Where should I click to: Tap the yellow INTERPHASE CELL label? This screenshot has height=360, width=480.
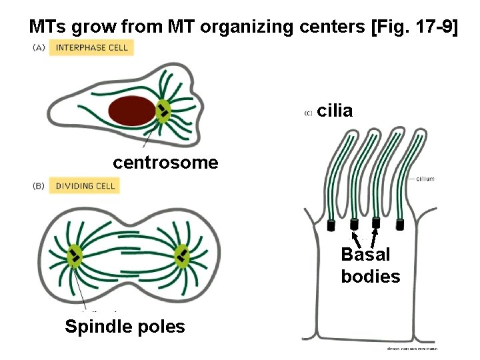(91, 47)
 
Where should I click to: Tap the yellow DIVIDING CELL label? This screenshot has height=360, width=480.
(85, 186)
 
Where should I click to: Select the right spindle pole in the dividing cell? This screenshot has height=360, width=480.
(181, 255)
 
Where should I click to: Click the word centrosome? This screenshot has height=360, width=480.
(165, 162)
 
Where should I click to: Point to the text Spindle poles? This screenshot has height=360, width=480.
(125, 326)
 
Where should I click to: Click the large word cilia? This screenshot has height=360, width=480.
(335, 111)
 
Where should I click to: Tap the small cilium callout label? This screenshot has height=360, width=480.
(425, 179)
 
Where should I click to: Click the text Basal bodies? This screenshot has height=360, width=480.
(370, 265)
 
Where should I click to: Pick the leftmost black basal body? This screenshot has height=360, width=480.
(331, 226)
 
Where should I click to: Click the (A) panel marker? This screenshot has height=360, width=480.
(38, 47)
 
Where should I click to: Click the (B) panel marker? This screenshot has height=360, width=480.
(38, 186)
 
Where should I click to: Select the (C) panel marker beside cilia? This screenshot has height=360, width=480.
(308, 113)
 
